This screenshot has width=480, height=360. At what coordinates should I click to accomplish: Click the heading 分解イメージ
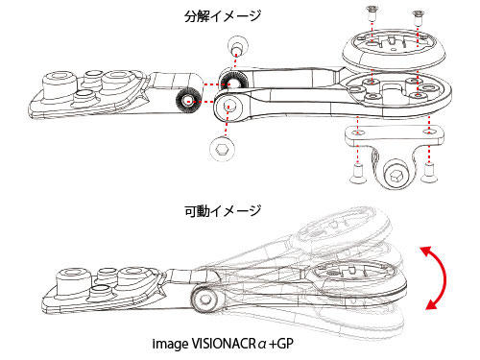[x=223, y=15]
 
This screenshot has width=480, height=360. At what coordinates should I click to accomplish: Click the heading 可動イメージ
[x=223, y=210]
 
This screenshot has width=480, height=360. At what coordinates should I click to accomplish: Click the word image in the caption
[x=170, y=345]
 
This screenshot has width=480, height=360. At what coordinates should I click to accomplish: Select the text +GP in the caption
[x=281, y=344]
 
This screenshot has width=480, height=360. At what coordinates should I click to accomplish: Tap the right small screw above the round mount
[x=418, y=16]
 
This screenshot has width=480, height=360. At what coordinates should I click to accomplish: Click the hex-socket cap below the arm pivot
[x=222, y=149]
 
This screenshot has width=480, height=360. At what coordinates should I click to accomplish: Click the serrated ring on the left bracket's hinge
[x=187, y=101]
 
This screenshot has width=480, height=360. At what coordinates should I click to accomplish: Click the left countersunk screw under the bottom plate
[x=358, y=174]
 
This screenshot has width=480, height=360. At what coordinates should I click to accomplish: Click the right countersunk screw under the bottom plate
[x=428, y=174]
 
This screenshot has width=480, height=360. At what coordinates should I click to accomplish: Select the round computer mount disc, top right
[x=394, y=51]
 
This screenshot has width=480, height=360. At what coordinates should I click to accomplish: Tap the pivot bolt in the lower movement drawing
[x=204, y=300]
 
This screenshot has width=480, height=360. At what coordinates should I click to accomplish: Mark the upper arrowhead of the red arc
[x=425, y=252]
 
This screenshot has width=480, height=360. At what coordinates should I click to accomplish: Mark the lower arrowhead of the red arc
[x=431, y=304]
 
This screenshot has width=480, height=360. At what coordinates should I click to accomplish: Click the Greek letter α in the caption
[x=262, y=345]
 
